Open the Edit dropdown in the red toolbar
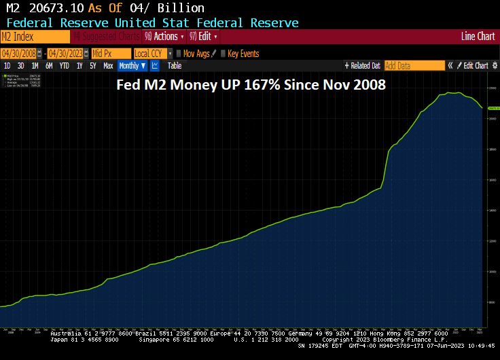(x=204, y=37)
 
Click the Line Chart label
(x=478, y=37)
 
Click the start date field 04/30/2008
(x=18, y=53)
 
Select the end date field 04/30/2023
(x=65, y=53)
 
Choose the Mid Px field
(x=111, y=53)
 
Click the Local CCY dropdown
(x=151, y=53)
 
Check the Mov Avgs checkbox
(x=179, y=53)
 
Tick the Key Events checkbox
(x=224, y=53)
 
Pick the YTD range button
(x=65, y=66)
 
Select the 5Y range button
(x=93, y=66)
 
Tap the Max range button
(x=108, y=66)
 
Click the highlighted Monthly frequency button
(x=132, y=66)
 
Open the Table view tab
(x=175, y=66)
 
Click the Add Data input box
(x=414, y=66)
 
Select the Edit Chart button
(x=476, y=66)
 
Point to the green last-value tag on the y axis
(x=493, y=108)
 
